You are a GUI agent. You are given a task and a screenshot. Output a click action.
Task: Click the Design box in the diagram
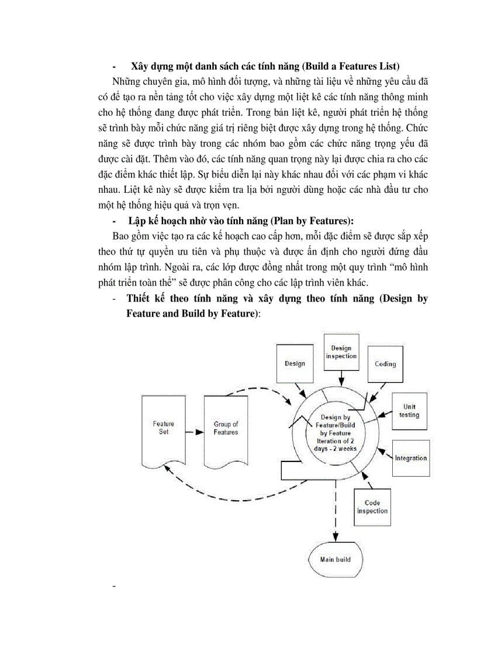point(295,363)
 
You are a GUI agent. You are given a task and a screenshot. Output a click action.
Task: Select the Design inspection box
point(341,352)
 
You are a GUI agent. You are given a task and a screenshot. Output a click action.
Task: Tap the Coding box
point(385,363)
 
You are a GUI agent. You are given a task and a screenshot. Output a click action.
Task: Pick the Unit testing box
point(409,411)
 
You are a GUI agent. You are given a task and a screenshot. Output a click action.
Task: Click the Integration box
point(411,458)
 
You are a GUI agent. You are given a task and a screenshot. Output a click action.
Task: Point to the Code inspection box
point(372,506)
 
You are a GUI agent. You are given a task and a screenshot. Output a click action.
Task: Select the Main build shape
point(336,560)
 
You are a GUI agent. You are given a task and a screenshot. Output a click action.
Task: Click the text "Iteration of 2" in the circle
point(336,440)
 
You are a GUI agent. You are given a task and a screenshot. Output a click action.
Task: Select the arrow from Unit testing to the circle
point(383,415)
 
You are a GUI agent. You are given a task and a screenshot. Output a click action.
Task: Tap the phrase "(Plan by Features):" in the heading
point(303,220)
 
